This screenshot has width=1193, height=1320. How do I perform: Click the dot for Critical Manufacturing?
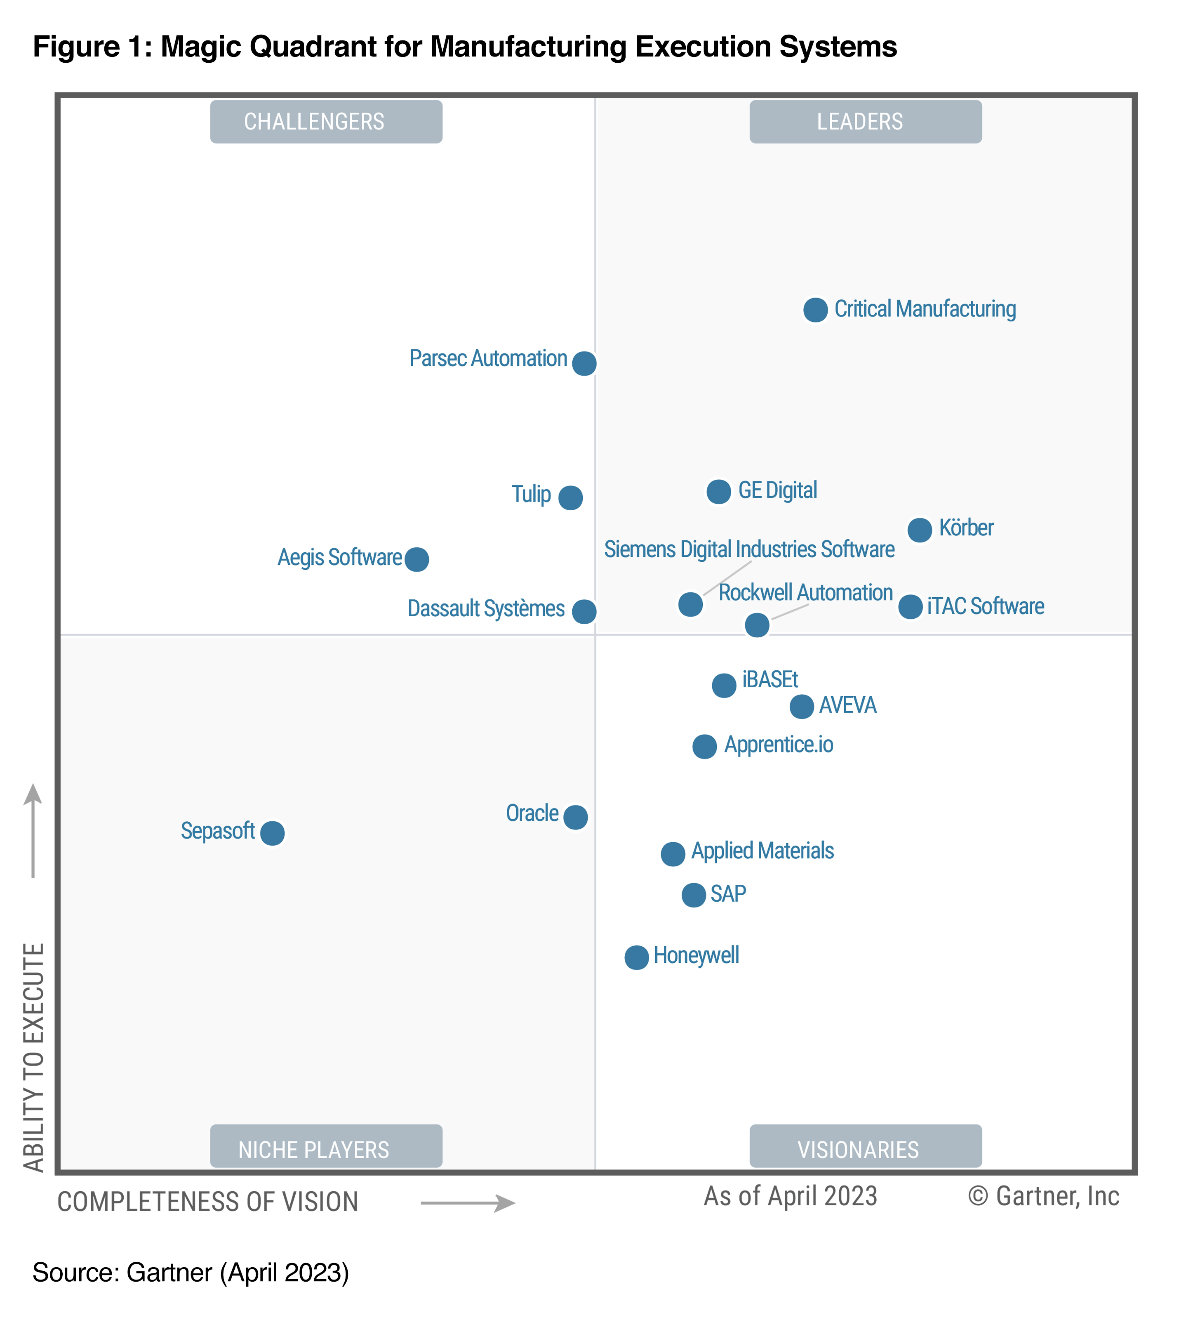[815, 310]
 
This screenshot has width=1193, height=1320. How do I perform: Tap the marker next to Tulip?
[570, 497]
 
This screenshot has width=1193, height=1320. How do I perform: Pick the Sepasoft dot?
[272, 833]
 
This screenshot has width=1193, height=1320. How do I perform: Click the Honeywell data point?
[636, 957]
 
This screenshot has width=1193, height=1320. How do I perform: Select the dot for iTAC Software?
[910, 607]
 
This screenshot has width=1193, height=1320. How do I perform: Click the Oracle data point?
[575, 817]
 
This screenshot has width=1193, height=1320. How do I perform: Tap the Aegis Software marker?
[416, 559]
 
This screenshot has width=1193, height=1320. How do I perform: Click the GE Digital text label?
[777, 490]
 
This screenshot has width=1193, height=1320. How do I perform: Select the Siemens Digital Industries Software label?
[748, 549]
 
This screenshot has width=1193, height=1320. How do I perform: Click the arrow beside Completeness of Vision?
[468, 1203]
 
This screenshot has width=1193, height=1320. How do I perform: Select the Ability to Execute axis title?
[34, 1057]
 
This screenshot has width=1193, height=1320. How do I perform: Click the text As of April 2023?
[790, 1196]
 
